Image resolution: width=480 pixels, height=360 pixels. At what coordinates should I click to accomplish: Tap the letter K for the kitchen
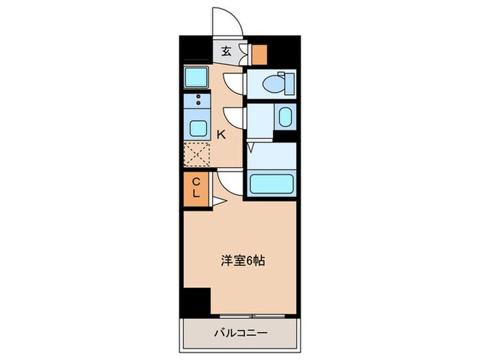click(221, 135)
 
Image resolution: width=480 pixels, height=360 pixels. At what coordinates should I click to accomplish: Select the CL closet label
click(195, 188)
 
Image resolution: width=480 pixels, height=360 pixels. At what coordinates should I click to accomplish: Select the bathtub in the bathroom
click(272, 184)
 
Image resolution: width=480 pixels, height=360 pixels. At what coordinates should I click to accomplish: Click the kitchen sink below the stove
click(198, 128)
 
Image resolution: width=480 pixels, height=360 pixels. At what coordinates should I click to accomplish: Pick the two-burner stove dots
click(198, 101)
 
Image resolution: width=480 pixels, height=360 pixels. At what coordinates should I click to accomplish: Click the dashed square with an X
click(198, 155)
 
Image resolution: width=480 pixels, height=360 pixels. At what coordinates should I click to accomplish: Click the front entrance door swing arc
click(229, 21)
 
